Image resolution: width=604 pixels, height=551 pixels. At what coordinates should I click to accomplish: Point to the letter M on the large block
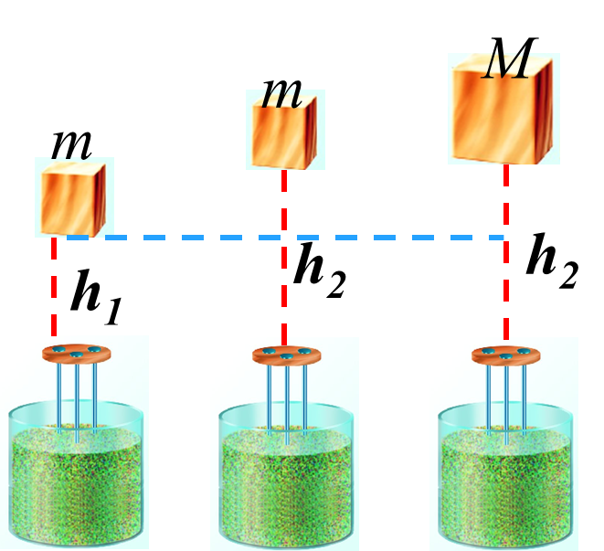pos(507,67)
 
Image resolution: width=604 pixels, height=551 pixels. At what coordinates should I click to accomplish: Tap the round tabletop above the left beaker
pos(77,354)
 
